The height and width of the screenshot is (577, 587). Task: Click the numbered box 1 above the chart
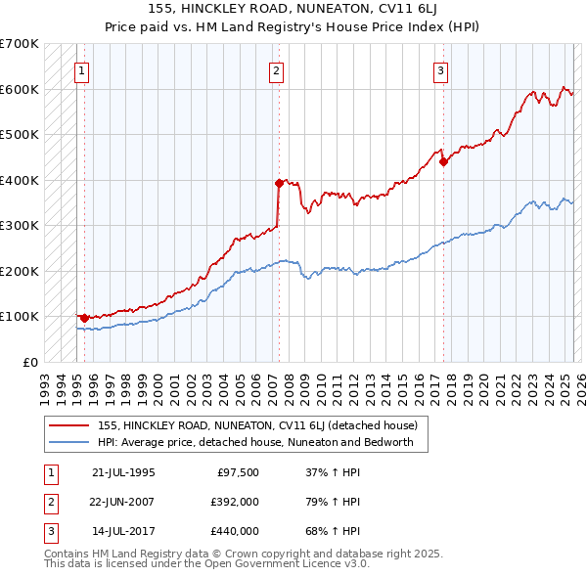coord(81,70)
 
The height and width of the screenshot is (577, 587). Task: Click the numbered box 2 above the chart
coord(277,70)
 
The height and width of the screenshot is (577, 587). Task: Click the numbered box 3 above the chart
coord(441,70)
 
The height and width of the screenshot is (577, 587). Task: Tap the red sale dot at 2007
coord(279,183)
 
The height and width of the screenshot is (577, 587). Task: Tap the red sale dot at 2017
coord(443,161)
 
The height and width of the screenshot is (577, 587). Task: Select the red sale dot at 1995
coord(85,317)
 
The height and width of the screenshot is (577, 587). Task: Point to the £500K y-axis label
coord(20,134)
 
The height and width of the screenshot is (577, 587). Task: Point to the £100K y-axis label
coord(20,316)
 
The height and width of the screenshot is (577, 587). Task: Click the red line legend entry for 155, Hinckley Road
coord(257,425)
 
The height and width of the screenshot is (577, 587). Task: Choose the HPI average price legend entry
coord(255,442)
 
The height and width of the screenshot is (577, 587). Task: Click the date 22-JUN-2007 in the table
coord(123,502)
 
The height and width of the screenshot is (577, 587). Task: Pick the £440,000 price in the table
coord(235,531)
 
